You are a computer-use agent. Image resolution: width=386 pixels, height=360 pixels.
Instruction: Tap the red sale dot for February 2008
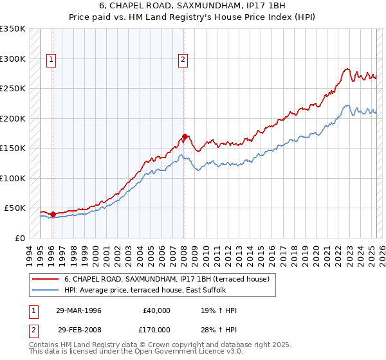(x=185, y=136)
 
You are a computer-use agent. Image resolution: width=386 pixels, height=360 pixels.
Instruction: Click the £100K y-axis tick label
(x=13, y=178)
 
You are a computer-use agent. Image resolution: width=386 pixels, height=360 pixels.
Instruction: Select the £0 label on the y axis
(x=19, y=238)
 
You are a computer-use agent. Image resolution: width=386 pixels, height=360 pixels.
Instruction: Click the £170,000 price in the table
(x=156, y=331)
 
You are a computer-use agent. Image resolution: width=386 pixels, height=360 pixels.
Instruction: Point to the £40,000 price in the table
(x=156, y=310)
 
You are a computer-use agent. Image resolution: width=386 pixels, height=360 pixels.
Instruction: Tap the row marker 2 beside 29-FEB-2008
(x=33, y=331)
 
